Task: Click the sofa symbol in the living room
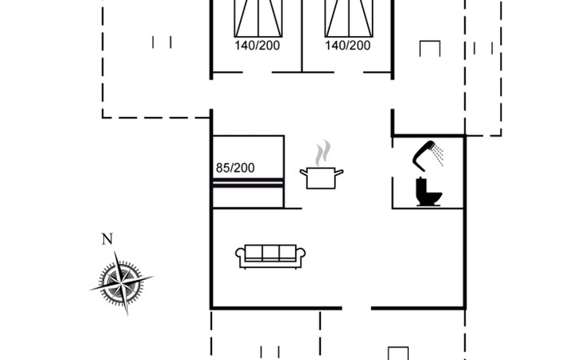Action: tap(270, 257)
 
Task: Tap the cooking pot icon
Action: tap(322, 178)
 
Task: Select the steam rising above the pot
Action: tap(322, 153)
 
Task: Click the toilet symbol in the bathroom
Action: tap(428, 192)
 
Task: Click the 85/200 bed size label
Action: tap(235, 168)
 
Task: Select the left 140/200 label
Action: tap(257, 46)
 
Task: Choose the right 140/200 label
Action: tap(347, 46)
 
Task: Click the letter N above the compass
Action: tap(107, 238)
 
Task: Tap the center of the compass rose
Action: tap(122, 284)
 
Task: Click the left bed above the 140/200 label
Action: tap(258, 18)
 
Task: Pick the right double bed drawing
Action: tap(349, 18)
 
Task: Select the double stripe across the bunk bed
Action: tap(248, 182)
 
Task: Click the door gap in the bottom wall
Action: tap(357, 308)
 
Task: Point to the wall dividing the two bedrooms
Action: tap(302, 36)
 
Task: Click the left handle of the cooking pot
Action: tap(303, 172)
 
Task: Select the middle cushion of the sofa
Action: tap(270, 253)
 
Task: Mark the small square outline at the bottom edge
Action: tap(398, 354)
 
